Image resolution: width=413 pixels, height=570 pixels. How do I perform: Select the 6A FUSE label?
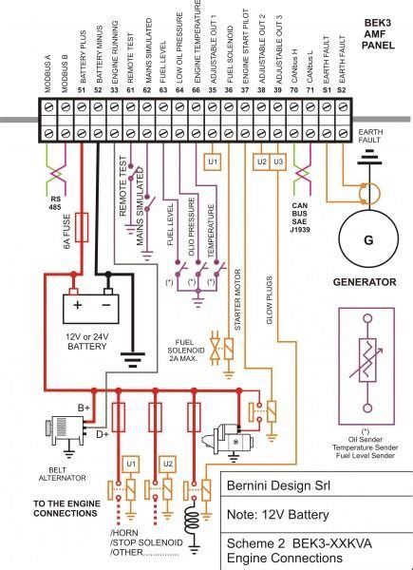point(66,231)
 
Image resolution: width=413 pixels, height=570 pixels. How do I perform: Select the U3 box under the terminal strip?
point(278,162)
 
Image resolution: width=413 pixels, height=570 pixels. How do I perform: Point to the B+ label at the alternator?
point(84,408)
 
